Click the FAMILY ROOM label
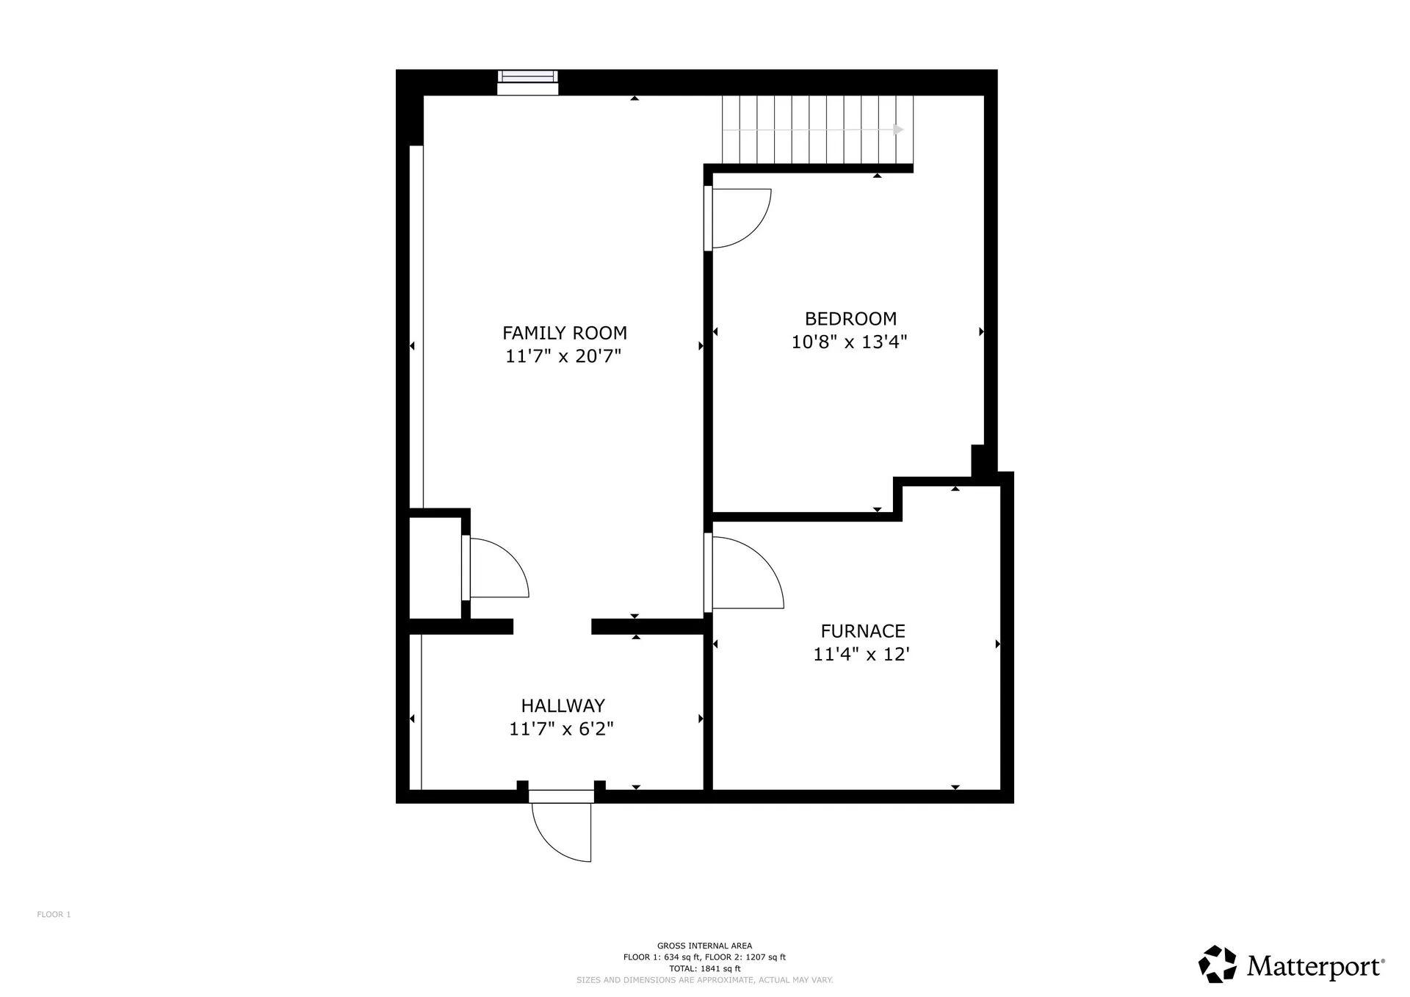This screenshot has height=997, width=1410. coord(564,333)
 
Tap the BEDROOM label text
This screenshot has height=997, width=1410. coord(850,319)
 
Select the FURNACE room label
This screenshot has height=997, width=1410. coord(862,631)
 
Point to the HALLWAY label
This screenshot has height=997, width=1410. coord(563,706)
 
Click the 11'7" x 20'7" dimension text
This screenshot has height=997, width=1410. coord(563,356)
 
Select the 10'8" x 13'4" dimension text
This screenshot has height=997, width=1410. coord(849,342)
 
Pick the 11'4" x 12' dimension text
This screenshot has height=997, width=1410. coord(861,654)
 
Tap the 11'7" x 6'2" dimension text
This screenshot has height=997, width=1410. coord(561,729)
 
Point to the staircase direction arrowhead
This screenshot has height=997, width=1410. coord(898,130)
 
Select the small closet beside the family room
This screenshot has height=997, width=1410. coord(435,568)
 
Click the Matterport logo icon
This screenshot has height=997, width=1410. coord(1218,964)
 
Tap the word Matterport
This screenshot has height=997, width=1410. coord(1314,966)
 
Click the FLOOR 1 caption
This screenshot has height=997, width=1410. coord(54,915)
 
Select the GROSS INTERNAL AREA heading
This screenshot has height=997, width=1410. coord(704,946)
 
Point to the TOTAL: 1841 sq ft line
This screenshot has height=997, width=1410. coord(704,968)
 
